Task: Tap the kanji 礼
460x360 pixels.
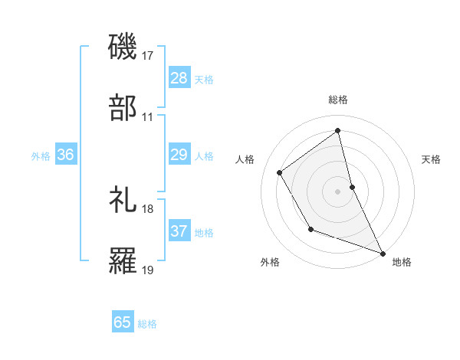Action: (123, 198)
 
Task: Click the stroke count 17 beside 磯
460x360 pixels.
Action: (149, 56)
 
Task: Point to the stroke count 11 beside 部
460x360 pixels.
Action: (147, 118)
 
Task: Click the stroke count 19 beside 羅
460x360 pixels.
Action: (149, 270)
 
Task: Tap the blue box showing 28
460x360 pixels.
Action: (179, 78)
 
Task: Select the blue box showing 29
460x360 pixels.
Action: (179, 155)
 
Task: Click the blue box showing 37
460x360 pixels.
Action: (179, 231)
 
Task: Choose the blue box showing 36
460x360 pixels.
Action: (66, 155)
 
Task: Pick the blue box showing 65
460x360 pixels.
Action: (123, 322)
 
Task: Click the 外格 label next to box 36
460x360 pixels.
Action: (41, 156)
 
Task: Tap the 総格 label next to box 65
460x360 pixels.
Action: (147, 324)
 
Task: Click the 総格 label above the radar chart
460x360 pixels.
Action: (338, 100)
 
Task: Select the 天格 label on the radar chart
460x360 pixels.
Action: (432, 159)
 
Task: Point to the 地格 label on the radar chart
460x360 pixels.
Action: (402, 262)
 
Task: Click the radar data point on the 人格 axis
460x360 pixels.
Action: (280, 172)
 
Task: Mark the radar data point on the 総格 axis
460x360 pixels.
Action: (338, 130)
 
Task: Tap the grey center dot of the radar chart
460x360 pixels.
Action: (338, 191)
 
